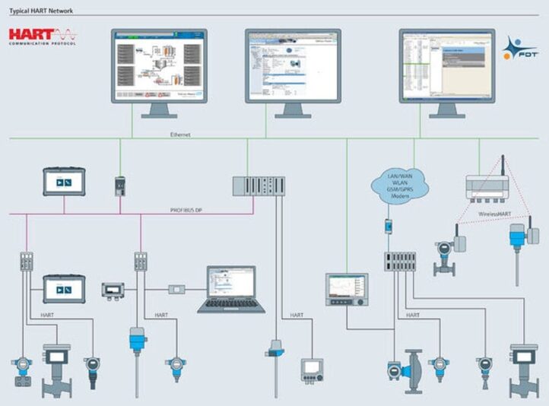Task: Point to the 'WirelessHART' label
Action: click(x=495, y=214)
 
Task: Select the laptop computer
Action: click(x=231, y=290)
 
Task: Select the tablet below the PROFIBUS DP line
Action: click(x=63, y=290)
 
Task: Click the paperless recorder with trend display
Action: click(x=347, y=290)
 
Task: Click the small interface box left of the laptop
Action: click(x=177, y=290)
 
